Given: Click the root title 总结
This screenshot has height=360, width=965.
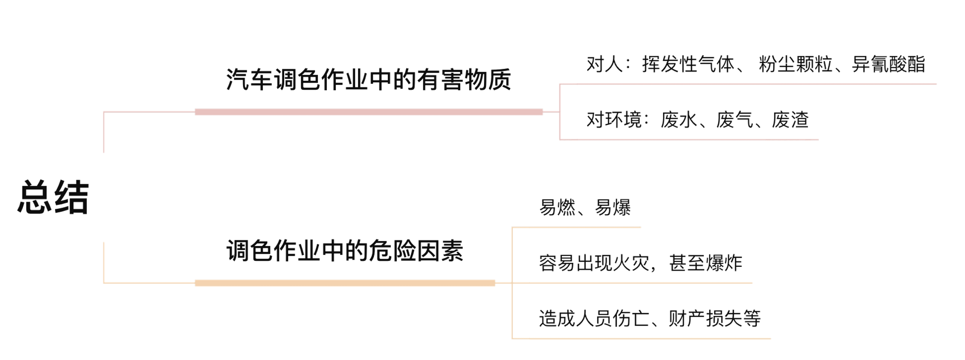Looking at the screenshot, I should [x=53, y=197].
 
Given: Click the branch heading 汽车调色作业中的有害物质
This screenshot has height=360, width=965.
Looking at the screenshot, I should [x=369, y=79].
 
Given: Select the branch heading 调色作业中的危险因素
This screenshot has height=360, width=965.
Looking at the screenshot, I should [x=345, y=251].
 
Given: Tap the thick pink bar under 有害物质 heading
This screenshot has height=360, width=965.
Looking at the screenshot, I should [x=368, y=112].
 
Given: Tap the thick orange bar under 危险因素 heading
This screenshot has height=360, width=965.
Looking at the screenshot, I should [x=345, y=283].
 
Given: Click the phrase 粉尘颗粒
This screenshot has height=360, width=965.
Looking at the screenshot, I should [x=790, y=65].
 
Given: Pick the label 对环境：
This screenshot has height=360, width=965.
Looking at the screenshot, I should [x=616, y=120].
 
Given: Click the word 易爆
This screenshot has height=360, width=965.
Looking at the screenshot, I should [x=613, y=208].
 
